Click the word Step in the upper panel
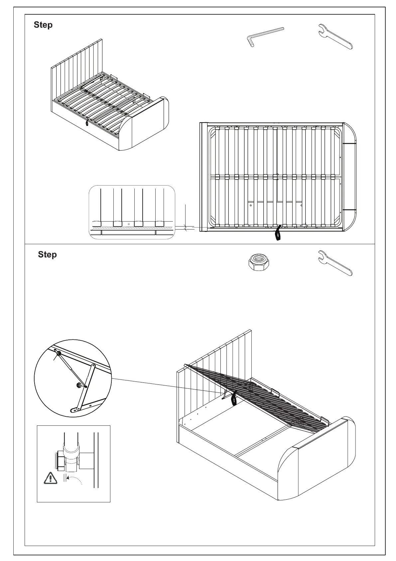43,25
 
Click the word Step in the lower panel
47,255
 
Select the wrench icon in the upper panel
335,36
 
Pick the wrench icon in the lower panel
335,263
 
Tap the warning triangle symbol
50,478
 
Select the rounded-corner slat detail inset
132,212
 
